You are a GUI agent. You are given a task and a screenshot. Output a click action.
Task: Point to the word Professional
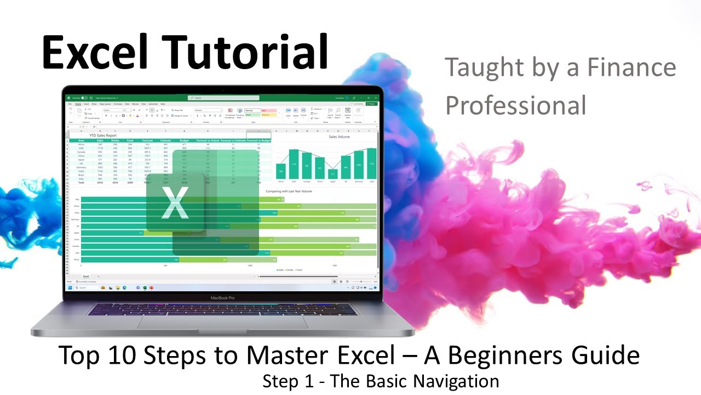(x=515, y=105)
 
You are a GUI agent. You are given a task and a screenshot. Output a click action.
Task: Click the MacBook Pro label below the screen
(x=222, y=298)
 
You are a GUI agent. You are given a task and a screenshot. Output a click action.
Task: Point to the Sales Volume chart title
(x=339, y=137)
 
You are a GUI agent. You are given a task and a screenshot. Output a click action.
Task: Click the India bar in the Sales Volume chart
(x=372, y=164)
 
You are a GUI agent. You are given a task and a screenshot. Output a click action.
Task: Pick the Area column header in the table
(x=81, y=141)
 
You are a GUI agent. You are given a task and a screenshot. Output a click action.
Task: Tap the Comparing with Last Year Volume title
(x=296, y=191)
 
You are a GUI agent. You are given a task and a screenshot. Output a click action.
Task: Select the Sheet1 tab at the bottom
(x=86, y=276)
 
